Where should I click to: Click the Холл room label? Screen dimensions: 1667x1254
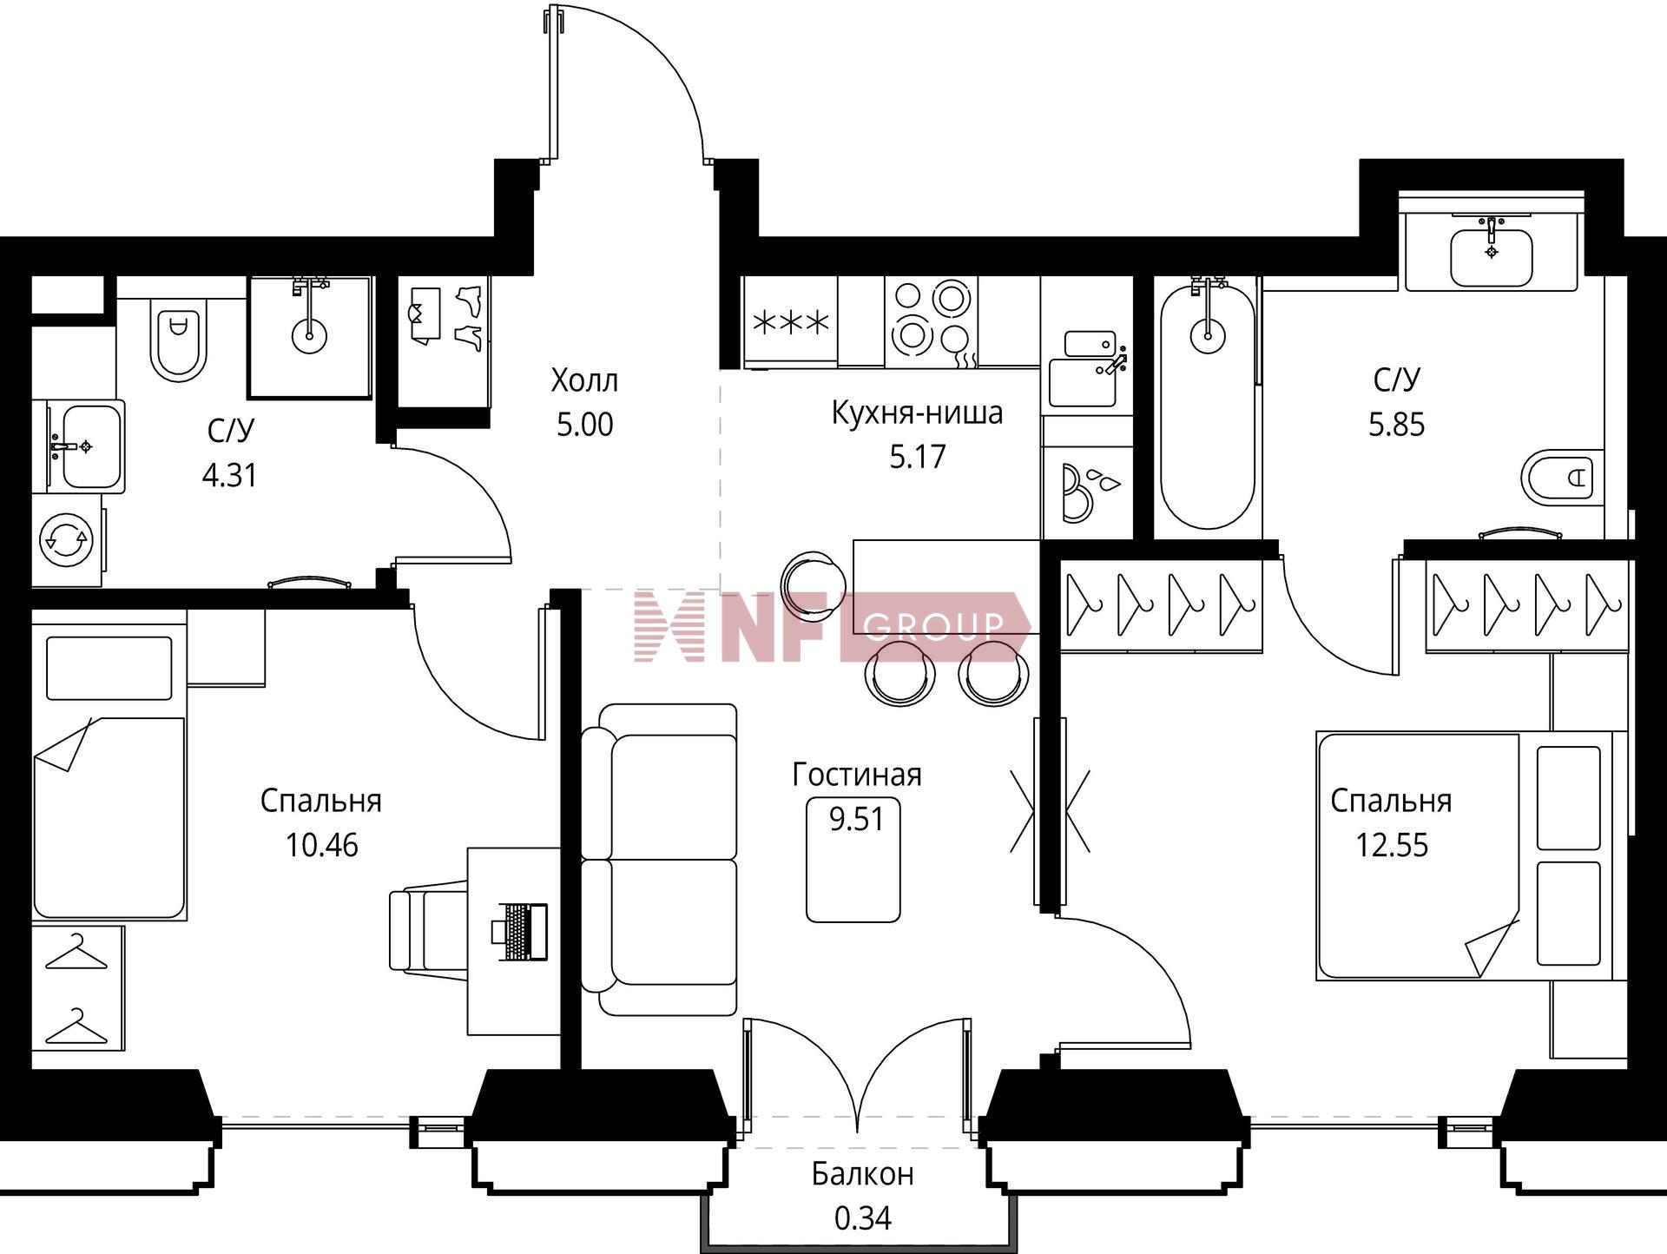[584, 380]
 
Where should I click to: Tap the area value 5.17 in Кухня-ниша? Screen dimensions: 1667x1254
[917, 457]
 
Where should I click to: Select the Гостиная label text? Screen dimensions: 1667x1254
[857, 775]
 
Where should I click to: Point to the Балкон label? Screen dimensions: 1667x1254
[863, 1174]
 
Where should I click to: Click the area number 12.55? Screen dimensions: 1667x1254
[1392, 845]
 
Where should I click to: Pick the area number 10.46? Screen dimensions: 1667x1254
[321, 845]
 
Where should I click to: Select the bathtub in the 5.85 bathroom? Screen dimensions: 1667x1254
[1208, 406]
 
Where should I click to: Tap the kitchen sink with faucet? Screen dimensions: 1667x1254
[1087, 368]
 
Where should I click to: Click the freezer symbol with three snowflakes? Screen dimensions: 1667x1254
[791, 323]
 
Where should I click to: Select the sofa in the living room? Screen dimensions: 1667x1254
[659, 860]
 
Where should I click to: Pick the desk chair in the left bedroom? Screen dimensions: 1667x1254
[428, 929]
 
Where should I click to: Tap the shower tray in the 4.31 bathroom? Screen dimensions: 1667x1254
[310, 338]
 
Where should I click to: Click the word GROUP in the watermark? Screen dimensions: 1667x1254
[934, 625]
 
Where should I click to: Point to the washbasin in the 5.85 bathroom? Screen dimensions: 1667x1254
[1492, 250]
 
